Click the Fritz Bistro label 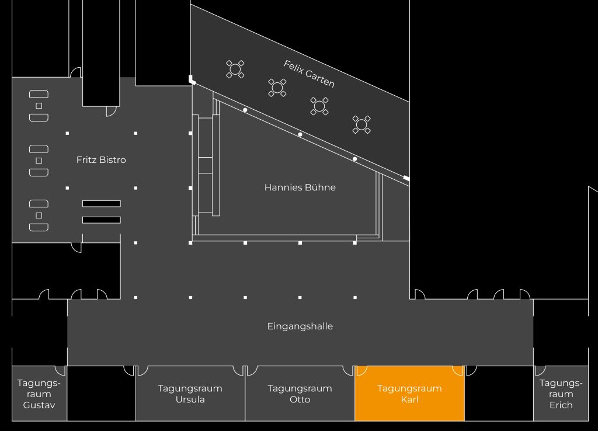pos(101,159)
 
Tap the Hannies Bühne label pos(300,187)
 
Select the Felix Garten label pos(309,74)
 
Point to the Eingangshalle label pos(300,326)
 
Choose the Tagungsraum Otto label pos(300,394)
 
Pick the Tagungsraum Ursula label pos(190,394)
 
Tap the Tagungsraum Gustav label pos(39,394)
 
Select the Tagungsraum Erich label pos(561,394)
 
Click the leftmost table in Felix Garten pos(235,69)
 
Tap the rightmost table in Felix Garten pos(361,124)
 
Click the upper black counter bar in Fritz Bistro pos(101,203)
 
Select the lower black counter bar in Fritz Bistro pos(101,220)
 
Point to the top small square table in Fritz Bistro pos(39,105)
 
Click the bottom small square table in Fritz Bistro pos(39,215)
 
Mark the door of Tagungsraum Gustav pos(60,370)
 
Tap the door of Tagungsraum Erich pos(540,370)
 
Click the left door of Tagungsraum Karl pos(361,370)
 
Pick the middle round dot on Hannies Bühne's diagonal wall pos(300,134)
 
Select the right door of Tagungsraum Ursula pos(238,370)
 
